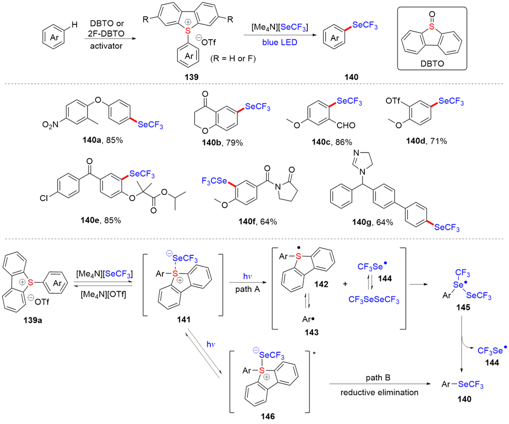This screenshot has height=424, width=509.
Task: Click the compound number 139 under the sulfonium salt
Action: click(x=193, y=77)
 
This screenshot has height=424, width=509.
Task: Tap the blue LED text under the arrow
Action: click(x=277, y=43)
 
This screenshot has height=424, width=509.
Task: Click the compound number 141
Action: click(x=184, y=319)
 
